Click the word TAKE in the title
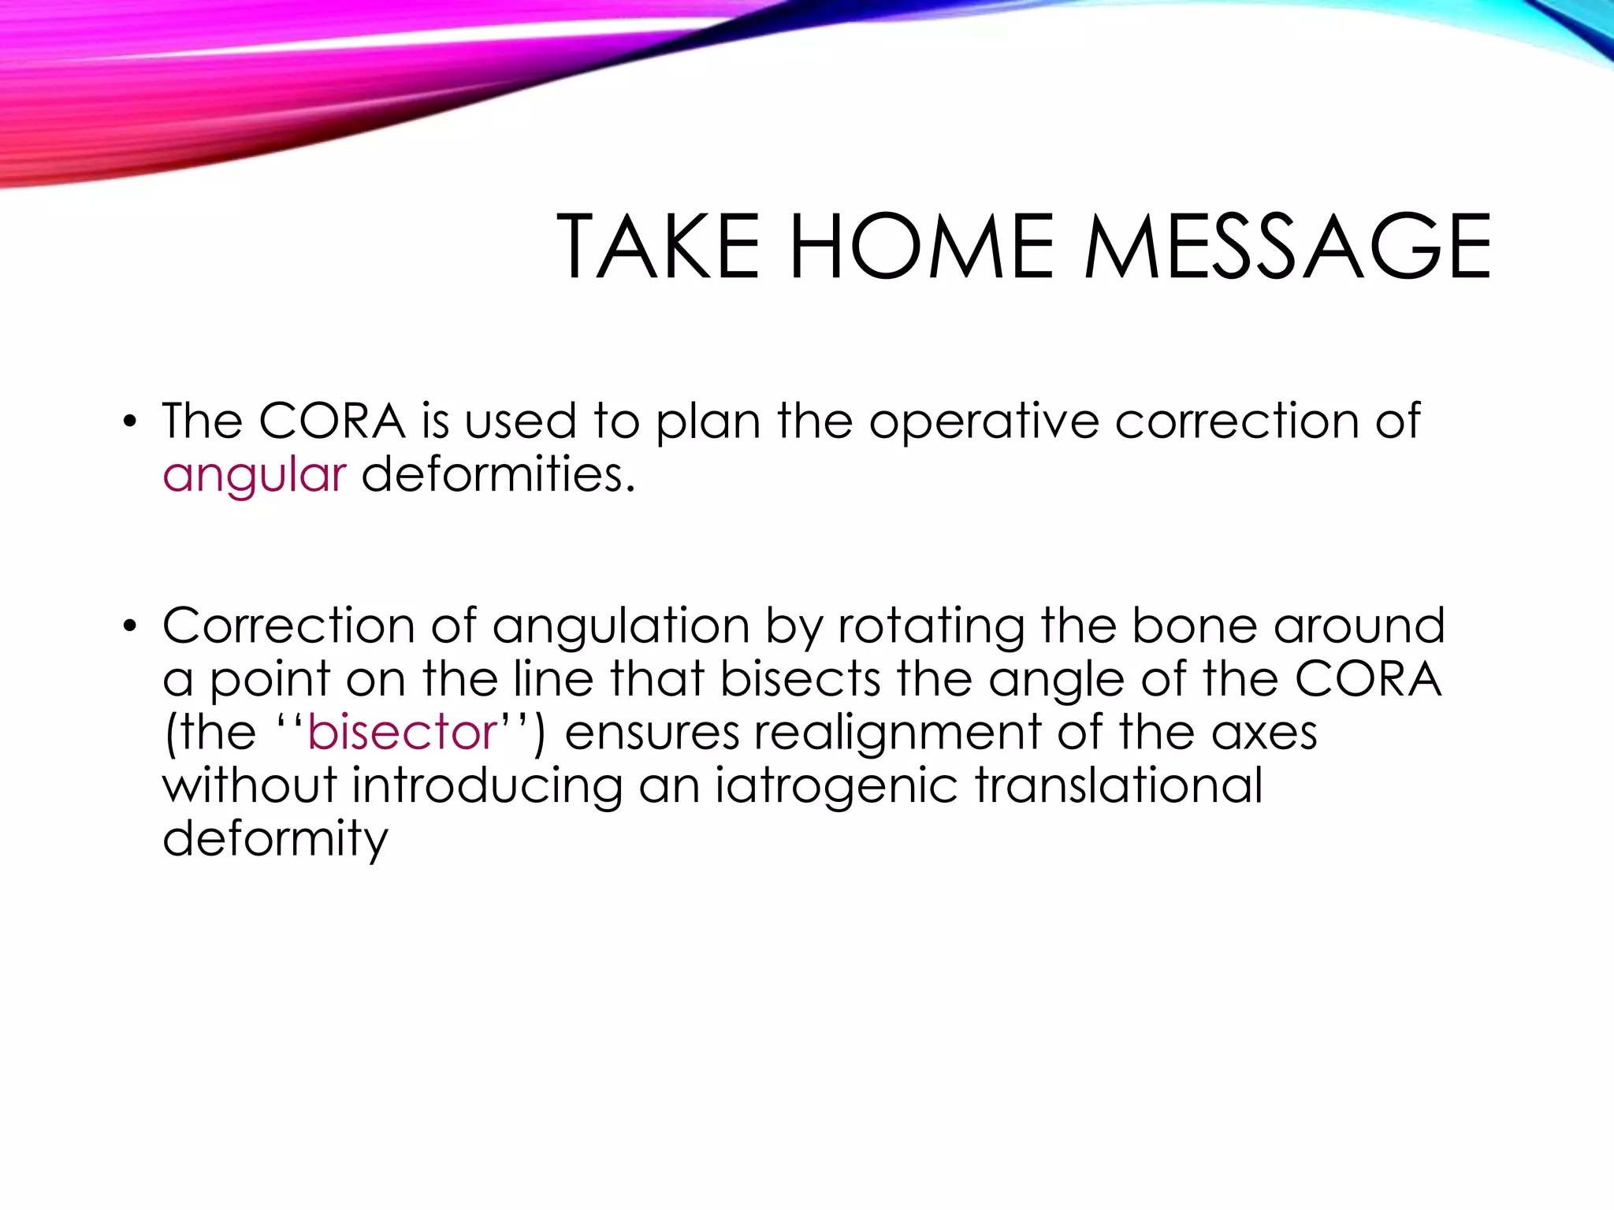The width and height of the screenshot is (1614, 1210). (x=658, y=247)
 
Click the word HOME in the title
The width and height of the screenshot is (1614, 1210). (x=921, y=247)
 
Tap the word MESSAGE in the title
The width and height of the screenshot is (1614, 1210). (x=1287, y=247)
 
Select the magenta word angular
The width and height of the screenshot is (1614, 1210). (x=254, y=476)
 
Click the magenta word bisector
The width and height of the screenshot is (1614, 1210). (x=402, y=733)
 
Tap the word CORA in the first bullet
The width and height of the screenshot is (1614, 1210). (x=332, y=421)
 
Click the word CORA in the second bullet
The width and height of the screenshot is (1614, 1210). (x=1368, y=679)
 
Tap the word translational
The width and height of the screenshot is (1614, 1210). (x=1118, y=785)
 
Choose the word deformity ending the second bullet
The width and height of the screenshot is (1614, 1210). (x=275, y=840)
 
